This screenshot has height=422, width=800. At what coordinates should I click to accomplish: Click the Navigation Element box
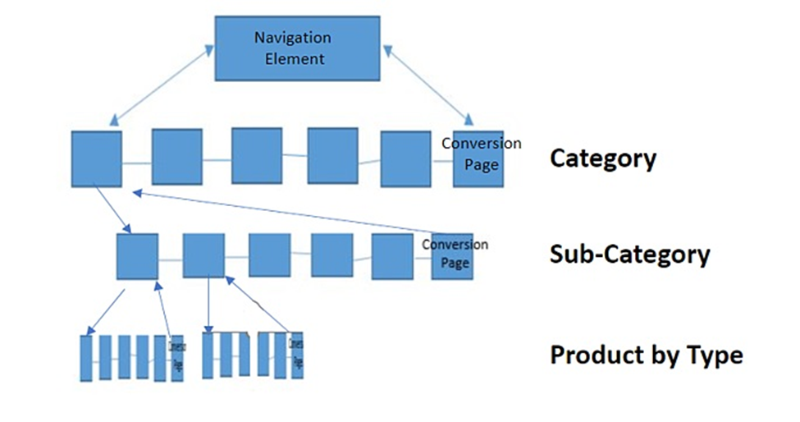point(297,48)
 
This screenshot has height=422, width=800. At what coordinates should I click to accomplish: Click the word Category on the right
point(603,158)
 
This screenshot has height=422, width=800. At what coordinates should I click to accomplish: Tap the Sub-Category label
point(629,255)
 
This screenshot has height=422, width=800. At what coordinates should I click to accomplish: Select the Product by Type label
point(647,355)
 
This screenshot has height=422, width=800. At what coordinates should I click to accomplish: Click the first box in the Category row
point(96,158)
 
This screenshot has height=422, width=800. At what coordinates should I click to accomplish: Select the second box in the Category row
point(176,156)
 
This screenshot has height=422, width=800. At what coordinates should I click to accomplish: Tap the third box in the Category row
point(257,155)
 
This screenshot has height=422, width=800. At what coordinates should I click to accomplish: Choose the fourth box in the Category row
point(332,155)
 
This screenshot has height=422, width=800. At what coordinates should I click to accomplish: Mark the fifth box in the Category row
point(405,158)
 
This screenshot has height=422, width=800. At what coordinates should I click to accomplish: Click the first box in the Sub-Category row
point(137,256)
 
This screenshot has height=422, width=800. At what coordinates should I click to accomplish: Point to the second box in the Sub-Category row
point(203,255)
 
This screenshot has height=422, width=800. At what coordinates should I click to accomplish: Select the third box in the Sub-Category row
point(270,255)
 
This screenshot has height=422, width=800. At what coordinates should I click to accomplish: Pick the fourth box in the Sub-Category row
point(332,255)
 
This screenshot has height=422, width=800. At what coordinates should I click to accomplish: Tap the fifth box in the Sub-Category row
point(392,255)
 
